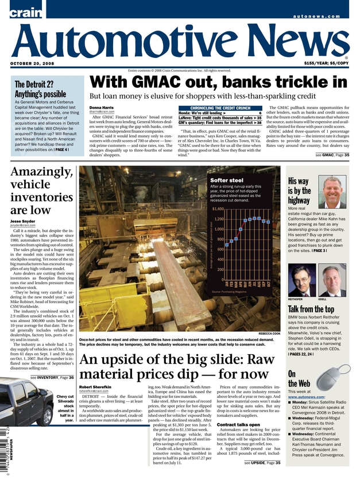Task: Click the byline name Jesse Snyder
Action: (24, 220)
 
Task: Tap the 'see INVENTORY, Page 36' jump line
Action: (52, 378)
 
